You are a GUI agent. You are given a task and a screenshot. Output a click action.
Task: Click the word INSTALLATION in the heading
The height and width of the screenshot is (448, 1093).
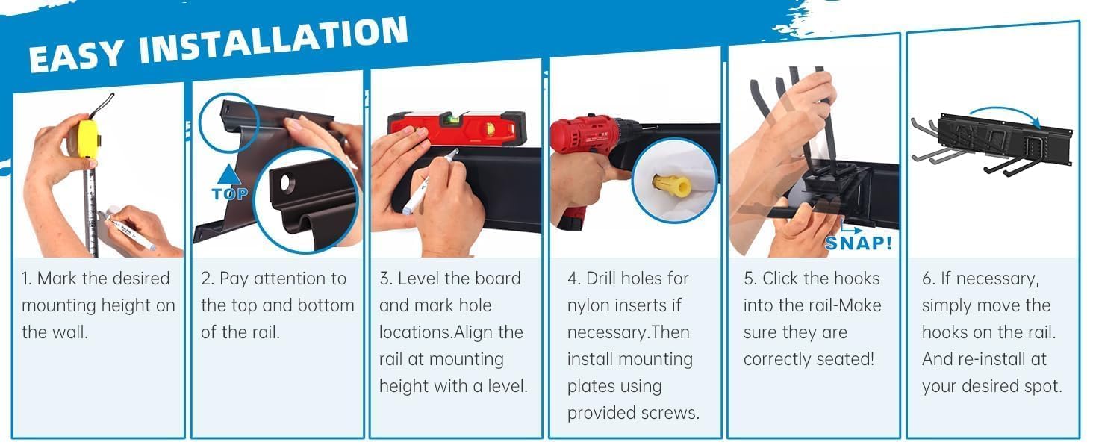coord(273,40)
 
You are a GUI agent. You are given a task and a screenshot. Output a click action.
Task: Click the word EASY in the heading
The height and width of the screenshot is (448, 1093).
coord(76,55)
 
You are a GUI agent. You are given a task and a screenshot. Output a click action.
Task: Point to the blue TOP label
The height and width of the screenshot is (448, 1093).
coord(230,194)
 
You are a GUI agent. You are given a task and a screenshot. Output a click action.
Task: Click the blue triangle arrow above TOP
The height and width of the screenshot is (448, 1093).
coord(228,174)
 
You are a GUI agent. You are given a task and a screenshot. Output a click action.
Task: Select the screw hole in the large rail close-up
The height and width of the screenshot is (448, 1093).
coord(287,183)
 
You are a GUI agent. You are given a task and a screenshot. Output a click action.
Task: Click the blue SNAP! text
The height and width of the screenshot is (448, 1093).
coord(859,243)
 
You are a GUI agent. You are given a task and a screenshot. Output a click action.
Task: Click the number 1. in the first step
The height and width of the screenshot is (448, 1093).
coord(26,279)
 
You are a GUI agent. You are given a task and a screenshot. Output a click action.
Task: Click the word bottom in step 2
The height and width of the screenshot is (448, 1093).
coord(326,305)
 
